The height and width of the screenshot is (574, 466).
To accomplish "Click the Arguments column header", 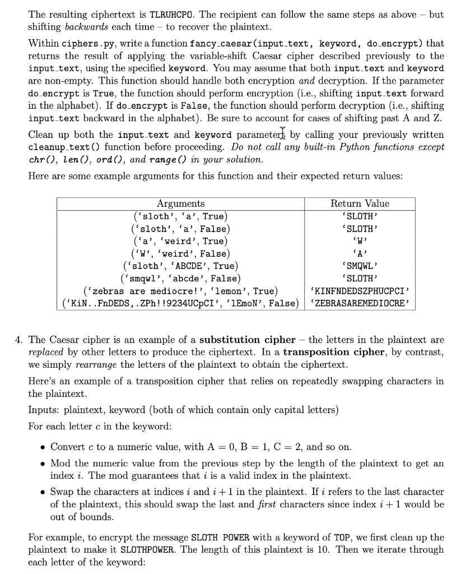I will coord(180,203).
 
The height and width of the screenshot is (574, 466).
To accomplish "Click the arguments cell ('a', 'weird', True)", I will coord(180,241).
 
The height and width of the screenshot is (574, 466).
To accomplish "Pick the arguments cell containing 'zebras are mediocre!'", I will coord(180,291).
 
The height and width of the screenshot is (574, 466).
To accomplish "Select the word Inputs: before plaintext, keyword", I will coord(43,410).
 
